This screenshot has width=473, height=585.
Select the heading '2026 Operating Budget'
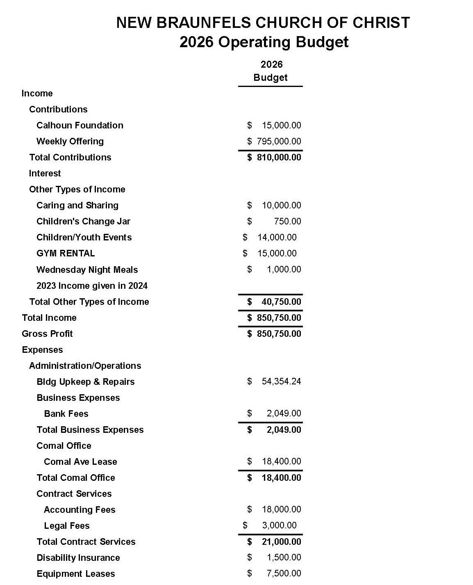(264, 42)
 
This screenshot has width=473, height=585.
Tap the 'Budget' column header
(271, 78)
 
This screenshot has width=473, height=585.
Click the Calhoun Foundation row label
(80, 126)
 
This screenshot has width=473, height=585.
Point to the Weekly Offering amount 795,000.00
(279, 142)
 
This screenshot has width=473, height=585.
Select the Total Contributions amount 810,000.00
(279, 158)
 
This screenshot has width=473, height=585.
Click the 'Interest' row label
(45, 174)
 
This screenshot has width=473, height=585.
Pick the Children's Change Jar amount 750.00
(287, 222)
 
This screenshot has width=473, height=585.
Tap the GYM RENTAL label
(66, 254)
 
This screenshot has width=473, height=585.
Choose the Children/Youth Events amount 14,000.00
(277, 238)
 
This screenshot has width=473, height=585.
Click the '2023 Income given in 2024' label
(92, 286)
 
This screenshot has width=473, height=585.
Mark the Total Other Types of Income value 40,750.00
(281, 302)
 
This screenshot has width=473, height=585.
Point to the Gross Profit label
(47, 334)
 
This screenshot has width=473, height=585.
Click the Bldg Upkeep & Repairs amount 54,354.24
(281, 382)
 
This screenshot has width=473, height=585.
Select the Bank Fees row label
(66, 414)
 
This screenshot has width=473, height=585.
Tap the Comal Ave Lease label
(80, 462)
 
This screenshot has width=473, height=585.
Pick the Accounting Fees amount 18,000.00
(281, 510)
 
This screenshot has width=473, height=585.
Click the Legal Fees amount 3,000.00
(279, 526)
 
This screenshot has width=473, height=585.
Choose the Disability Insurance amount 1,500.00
(284, 558)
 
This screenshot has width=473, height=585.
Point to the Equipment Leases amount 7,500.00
(284, 574)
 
